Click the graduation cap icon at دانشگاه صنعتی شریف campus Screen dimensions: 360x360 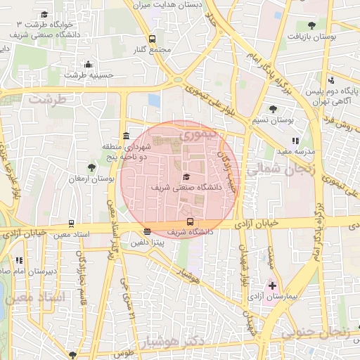[186, 177]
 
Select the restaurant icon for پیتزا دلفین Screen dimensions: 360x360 [146, 231]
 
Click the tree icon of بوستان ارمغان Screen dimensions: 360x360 [91, 167]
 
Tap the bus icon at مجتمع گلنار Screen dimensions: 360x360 [152, 39]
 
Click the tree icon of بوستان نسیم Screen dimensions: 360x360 [273, 110]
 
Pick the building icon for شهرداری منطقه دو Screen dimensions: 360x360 [126, 136]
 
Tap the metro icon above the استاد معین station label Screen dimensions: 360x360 [71, 223]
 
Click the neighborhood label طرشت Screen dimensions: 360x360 [47, 100]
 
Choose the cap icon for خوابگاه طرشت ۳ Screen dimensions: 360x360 [44, 14]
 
